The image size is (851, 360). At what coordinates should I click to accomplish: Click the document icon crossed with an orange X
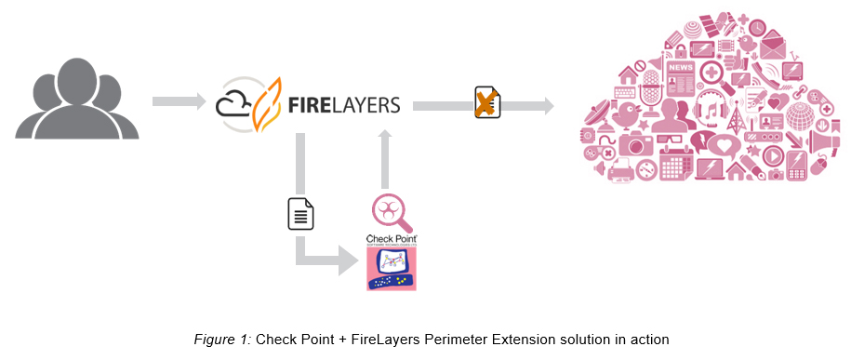[x=485, y=103]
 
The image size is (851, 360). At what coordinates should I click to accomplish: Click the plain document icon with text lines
[x=300, y=214]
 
